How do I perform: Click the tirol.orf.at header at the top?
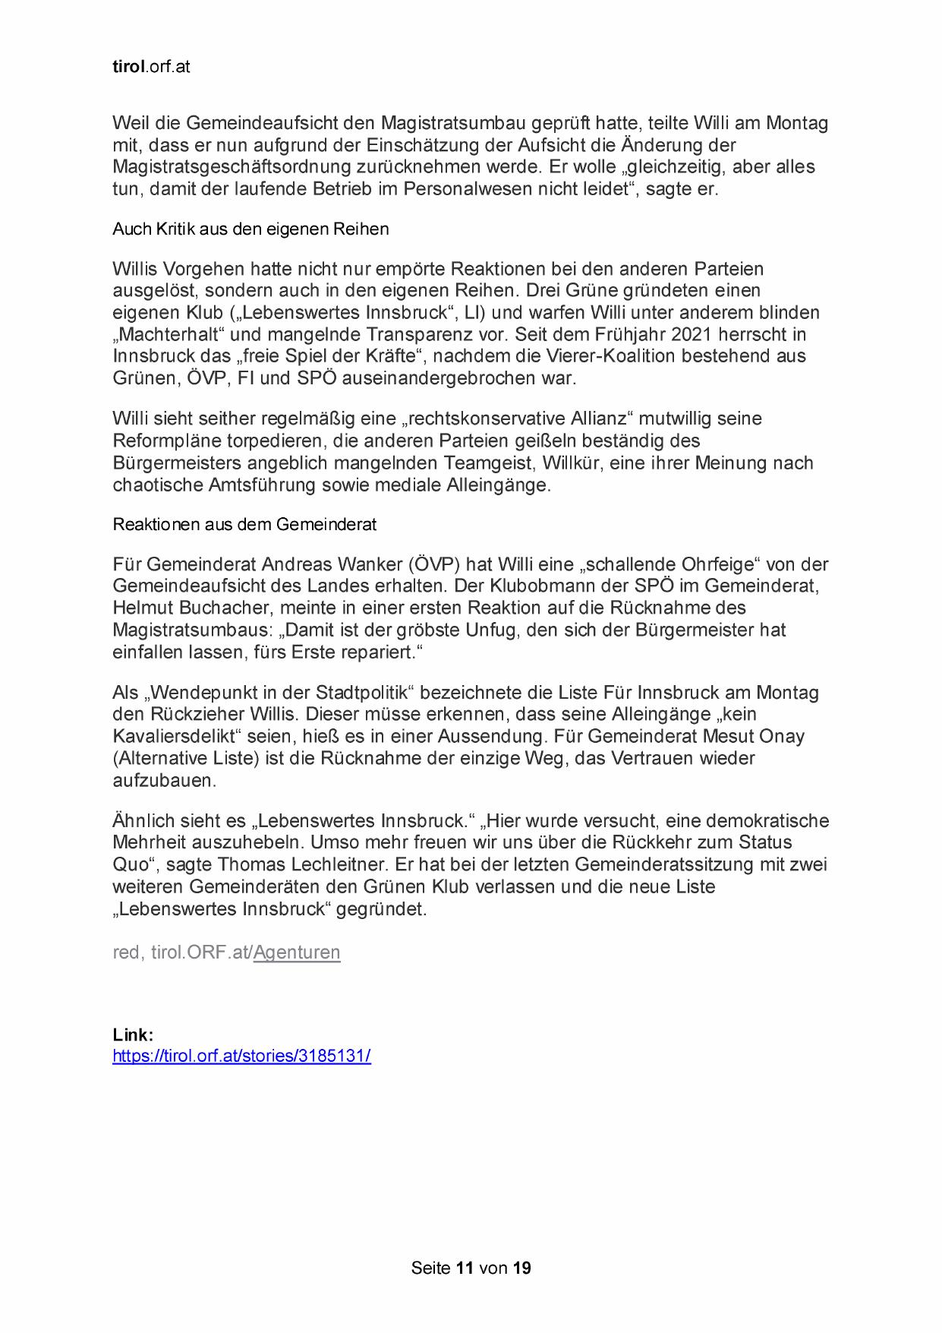point(151,67)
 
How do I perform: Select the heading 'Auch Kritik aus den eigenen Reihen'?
point(250,229)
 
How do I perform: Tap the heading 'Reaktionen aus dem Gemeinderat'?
point(244,524)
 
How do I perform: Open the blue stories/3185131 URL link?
point(241,1056)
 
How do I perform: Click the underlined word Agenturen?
point(297,952)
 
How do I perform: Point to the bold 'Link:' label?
point(133,1034)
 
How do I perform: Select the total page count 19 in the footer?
point(521,1268)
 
